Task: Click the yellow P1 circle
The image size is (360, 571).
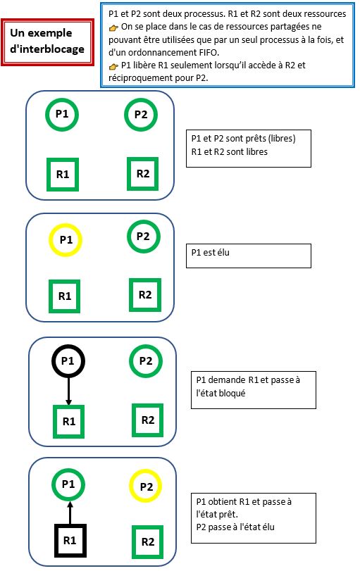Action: [x=66, y=240]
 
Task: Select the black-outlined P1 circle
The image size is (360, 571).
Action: [x=68, y=361]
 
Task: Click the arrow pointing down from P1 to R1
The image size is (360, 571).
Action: [x=68, y=391]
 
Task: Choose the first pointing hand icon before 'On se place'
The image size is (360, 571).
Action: [x=114, y=27]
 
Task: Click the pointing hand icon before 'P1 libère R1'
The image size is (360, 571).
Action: [x=114, y=65]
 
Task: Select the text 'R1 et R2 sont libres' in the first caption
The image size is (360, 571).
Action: [x=229, y=151]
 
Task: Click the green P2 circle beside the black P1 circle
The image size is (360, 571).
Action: [x=146, y=361]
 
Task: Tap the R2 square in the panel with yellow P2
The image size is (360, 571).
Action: [x=148, y=541]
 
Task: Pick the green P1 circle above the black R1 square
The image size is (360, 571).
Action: [x=68, y=484]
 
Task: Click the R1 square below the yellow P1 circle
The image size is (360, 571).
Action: [x=65, y=296]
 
